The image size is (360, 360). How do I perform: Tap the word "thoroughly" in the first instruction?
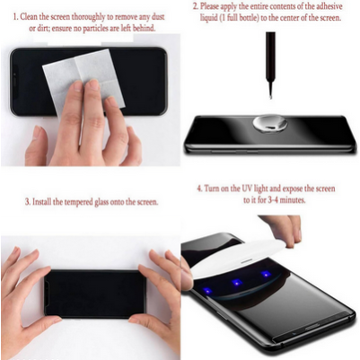99,14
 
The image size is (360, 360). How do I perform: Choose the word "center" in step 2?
292,19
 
